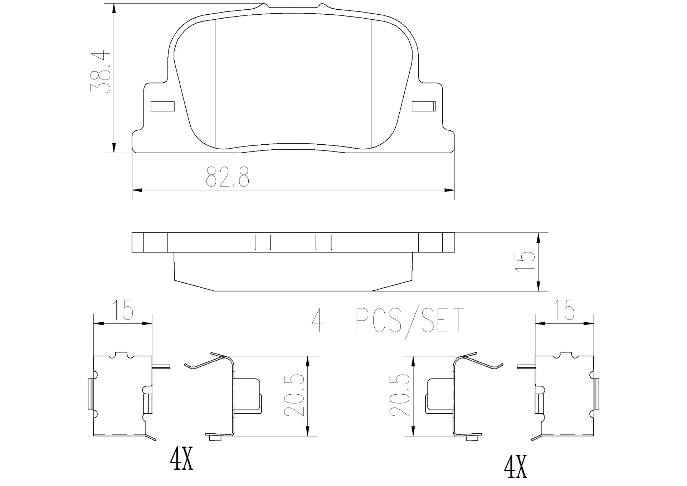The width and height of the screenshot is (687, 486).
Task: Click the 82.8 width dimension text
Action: [228, 177]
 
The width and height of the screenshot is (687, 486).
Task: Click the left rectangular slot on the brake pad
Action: [162, 106]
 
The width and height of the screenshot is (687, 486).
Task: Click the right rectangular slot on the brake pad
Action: [424, 106]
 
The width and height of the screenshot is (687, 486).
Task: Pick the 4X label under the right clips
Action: [515, 466]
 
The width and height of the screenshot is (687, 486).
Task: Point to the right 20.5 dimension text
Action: [400, 395]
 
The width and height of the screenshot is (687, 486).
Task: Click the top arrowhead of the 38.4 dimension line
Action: [114, 9]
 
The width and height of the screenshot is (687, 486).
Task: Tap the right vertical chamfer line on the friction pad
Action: [371, 84]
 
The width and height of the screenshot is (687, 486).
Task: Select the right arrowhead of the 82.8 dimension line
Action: [449, 190]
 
